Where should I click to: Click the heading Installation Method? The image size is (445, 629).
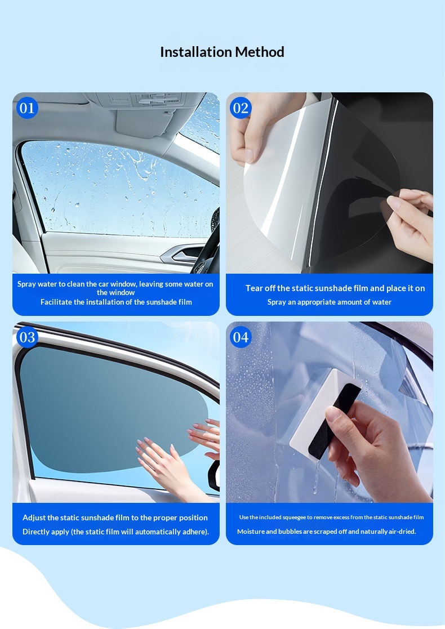click(222, 52)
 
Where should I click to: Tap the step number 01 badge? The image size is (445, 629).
click(27, 108)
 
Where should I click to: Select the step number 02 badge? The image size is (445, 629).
click(241, 108)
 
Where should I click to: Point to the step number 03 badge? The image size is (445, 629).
click(27, 337)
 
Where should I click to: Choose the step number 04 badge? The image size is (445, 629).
click(241, 337)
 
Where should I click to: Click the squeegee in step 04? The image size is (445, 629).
click(325, 414)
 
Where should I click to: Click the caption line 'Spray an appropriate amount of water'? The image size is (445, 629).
click(330, 302)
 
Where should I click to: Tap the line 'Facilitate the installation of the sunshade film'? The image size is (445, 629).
click(116, 302)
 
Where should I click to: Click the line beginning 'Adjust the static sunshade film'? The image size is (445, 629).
click(115, 518)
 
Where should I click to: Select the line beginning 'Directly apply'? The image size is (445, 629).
click(115, 532)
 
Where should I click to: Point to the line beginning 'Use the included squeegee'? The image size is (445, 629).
click(331, 518)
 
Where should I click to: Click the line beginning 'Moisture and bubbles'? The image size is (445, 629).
click(327, 532)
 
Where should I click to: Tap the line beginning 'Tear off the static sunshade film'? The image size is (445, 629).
click(335, 288)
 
